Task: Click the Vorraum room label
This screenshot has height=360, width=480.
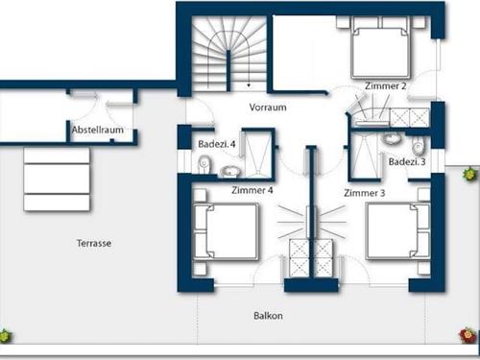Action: [268, 108]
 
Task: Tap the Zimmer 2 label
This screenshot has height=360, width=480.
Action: [386, 86]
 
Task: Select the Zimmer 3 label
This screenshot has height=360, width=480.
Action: [365, 193]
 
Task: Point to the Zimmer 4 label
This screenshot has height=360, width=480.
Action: [252, 190]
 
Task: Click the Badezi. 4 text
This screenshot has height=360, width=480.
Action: [217, 144]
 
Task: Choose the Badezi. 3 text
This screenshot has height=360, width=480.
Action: [407, 162]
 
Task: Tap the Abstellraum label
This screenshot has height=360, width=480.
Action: [98, 130]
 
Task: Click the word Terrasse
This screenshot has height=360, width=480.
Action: [94, 243]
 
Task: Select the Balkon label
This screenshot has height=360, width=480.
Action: [268, 316]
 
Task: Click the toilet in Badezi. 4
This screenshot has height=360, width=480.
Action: [204, 164]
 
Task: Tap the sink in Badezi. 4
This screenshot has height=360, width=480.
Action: [229, 172]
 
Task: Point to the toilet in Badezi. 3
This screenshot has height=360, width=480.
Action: [418, 146]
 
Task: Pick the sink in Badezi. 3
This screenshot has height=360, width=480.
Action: [392, 138]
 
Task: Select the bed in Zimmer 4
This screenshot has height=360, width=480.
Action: [226, 230]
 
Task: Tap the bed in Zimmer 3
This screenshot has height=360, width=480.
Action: [397, 230]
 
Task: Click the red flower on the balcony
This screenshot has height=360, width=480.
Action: [468, 336]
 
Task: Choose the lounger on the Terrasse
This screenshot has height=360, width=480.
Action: [57, 180]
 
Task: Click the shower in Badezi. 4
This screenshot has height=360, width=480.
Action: [258, 153]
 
